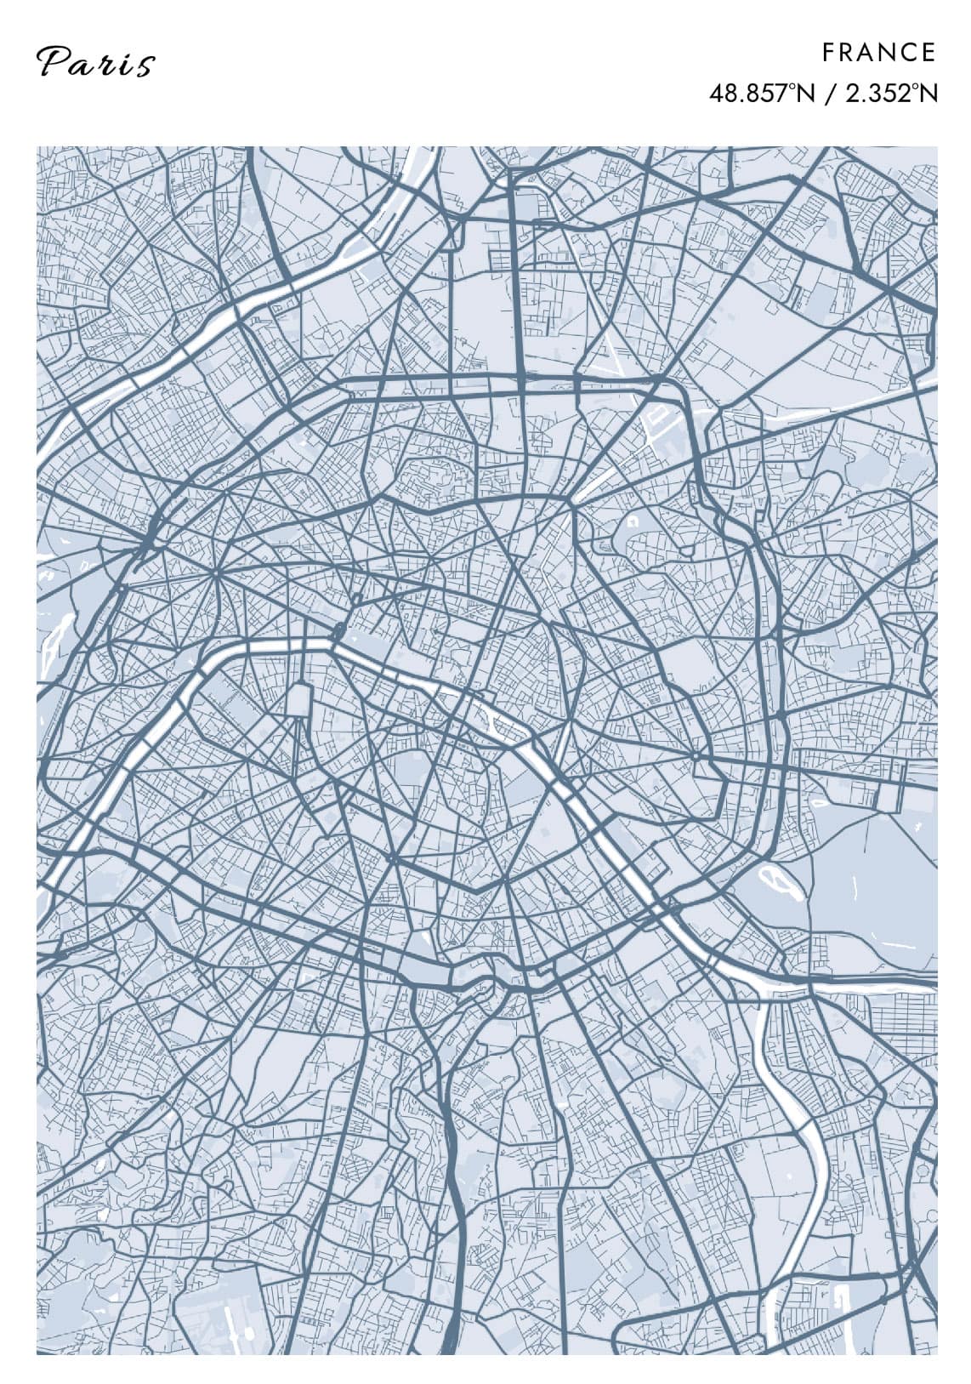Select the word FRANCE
(878, 53)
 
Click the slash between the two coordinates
(830, 93)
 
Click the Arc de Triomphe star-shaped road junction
(218, 574)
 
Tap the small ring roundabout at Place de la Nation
(696, 755)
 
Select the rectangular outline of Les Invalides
(300, 700)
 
